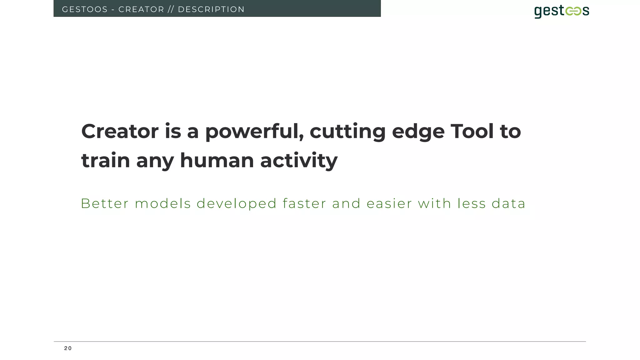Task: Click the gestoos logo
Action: [x=562, y=11]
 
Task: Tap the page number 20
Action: [x=68, y=348]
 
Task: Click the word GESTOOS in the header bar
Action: [x=85, y=9]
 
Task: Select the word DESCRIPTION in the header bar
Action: [x=211, y=9]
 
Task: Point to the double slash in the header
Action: [x=171, y=9]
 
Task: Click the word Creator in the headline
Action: [x=120, y=131]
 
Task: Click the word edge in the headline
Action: [x=418, y=132]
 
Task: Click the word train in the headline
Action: [x=106, y=161]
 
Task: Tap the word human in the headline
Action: [x=217, y=161]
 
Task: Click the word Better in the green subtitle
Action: [x=104, y=204]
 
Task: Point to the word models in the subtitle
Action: [x=162, y=204]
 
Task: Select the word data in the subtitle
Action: [x=508, y=204]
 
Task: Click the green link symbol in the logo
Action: [x=573, y=11]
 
